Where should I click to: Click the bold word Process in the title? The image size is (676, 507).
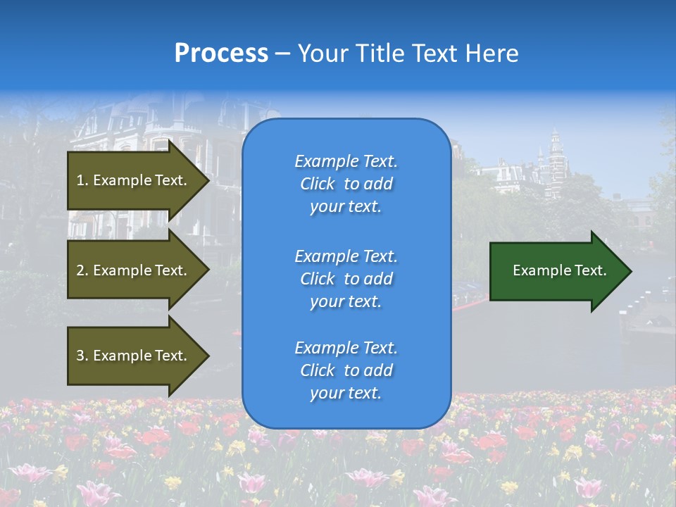click(221, 54)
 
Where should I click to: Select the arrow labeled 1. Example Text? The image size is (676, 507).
click(134, 180)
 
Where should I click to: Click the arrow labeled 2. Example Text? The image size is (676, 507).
click(134, 270)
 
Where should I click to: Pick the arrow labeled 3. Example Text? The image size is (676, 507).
click(134, 356)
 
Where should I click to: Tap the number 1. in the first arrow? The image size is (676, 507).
click(82, 180)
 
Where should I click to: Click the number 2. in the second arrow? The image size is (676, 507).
click(82, 270)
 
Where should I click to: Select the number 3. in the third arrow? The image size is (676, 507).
click(82, 356)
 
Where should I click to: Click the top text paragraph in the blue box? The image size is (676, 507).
click(346, 184)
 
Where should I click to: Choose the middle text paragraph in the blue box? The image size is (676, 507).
click(346, 279)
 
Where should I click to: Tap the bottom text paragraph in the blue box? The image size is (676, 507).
click(346, 370)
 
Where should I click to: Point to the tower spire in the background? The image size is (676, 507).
click(555, 134)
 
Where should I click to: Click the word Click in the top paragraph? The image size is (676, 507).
click(318, 184)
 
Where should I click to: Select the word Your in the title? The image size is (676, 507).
click(321, 54)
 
